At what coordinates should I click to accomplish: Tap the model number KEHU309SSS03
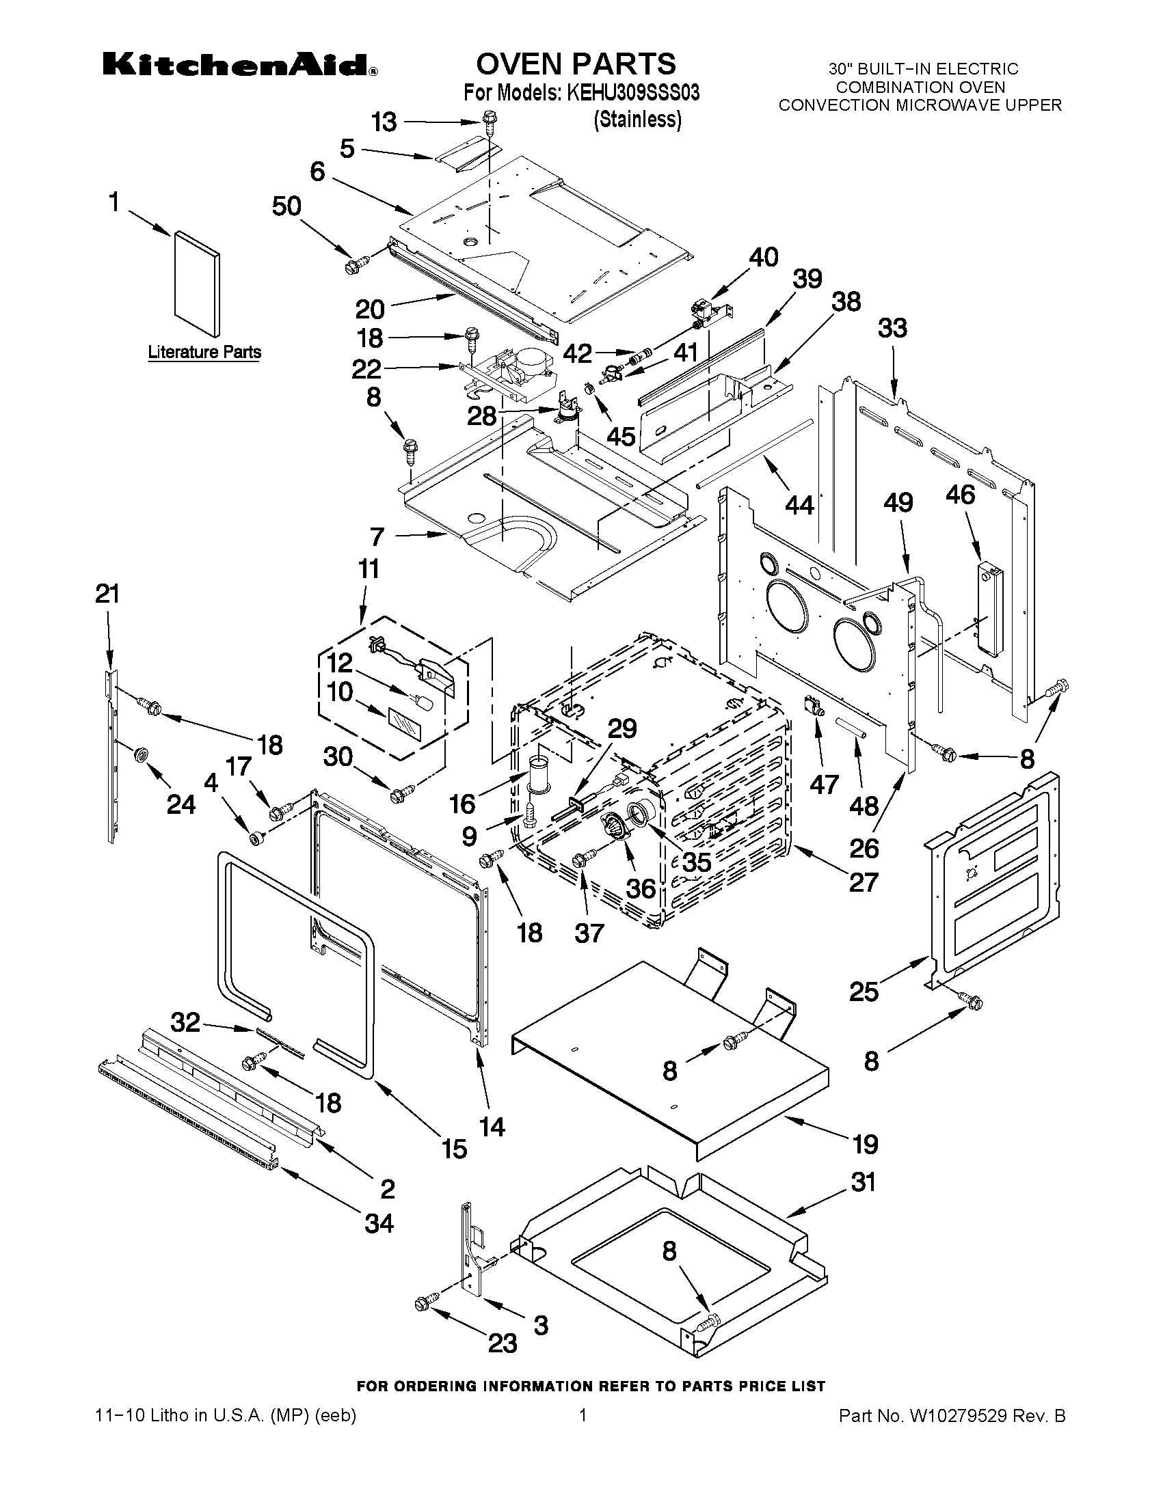click(632, 93)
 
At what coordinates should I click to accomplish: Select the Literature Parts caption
click(204, 352)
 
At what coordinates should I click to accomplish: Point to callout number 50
click(286, 206)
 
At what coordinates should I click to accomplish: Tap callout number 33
click(892, 329)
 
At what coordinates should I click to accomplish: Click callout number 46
click(961, 495)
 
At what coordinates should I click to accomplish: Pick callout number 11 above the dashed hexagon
click(369, 569)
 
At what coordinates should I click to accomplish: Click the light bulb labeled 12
click(425, 704)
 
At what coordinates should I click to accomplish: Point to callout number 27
click(863, 882)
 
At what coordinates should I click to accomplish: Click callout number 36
click(641, 888)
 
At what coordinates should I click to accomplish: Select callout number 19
click(866, 1145)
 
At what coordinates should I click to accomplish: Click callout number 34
click(379, 1223)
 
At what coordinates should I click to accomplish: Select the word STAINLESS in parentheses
click(637, 120)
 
